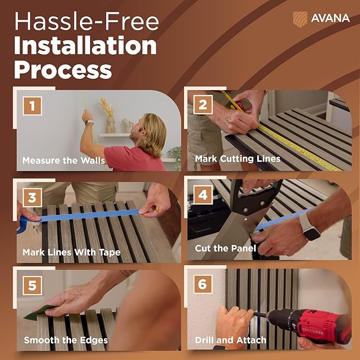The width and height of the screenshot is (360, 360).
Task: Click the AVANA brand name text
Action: pyautogui.click(x=330, y=19)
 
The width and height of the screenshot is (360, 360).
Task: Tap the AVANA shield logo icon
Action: pyautogui.click(x=300, y=19)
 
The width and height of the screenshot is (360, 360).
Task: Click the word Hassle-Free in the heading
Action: pyautogui.click(x=86, y=21)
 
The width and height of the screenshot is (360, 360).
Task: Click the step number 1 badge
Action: pyautogui.click(x=32, y=106)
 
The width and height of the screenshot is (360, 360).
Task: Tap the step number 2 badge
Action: pyautogui.click(x=203, y=104)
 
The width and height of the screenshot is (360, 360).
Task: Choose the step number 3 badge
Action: pyautogui.click(x=32, y=197)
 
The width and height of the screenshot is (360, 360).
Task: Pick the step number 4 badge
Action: pyautogui.click(x=203, y=195)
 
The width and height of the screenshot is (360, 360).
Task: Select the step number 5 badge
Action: pyautogui.click(x=32, y=285)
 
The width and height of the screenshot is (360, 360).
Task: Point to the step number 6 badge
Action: pyautogui.click(x=203, y=284)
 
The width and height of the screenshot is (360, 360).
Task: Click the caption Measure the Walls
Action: pyautogui.click(x=64, y=160)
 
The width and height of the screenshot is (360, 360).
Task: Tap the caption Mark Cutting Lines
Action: pyautogui.click(x=238, y=159)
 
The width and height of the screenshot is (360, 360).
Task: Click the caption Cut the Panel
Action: pyautogui.click(x=225, y=248)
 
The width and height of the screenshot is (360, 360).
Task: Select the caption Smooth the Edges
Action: pyautogui.click(x=66, y=340)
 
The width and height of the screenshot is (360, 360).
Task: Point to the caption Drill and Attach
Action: pyautogui.click(x=231, y=340)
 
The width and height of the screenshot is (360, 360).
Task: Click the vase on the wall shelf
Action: pyautogui.click(x=110, y=125)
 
